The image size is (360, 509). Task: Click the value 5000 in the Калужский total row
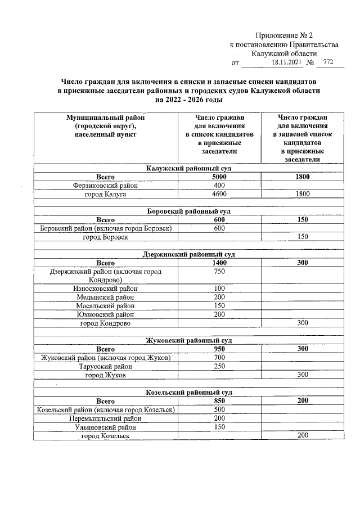tap(219, 177)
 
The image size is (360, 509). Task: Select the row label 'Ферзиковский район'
tap(105, 186)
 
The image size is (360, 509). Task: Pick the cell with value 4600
tap(219, 195)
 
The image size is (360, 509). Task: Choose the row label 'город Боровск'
tap(105, 237)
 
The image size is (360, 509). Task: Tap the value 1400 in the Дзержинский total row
tap(219, 263)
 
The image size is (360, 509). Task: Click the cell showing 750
tap(219, 272)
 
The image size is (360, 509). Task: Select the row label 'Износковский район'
tap(105, 289)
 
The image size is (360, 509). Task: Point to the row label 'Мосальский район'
tap(105, 306)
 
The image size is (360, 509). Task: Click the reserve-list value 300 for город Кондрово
tap(303, 323)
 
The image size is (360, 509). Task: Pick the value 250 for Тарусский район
tap(219, 366)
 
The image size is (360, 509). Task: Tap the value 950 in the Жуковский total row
tap(219, 349)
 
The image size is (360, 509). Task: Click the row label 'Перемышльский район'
tap(105, 418)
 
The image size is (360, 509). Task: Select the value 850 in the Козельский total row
tap(219, 401)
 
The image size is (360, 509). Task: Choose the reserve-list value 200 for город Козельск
tap(303, 435)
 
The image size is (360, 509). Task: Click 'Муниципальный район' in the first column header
tap(105, 118)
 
